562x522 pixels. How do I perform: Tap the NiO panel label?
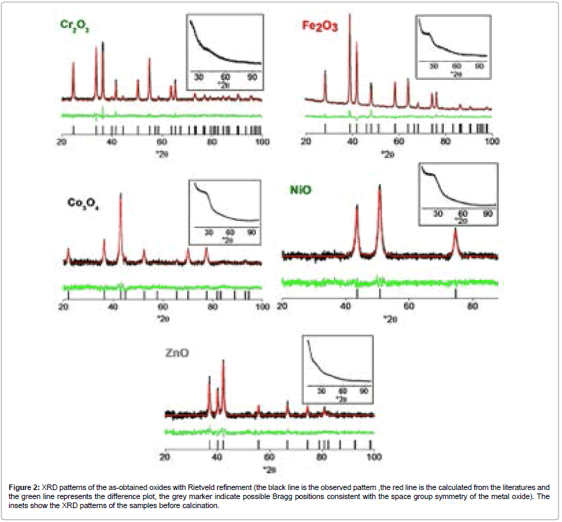[x=304, y=189]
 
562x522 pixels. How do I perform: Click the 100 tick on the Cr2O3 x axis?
[x=262, y=142]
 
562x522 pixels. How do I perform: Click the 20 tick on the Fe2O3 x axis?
[x=305, y=142]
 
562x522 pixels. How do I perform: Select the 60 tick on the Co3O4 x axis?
[x=162, y=307]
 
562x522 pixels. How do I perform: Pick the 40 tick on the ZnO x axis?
[x=217, y=457]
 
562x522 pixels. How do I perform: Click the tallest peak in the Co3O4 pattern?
[x=120, y=195]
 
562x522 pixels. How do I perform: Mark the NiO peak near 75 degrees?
[x=456, y=230]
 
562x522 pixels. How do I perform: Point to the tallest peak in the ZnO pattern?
[x=223, y=361]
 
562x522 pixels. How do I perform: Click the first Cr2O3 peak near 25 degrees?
[x=73, y=63]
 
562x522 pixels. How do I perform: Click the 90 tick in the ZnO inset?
[x=363, y=391]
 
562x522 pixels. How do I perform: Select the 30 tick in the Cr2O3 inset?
[x=198, y=76]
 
